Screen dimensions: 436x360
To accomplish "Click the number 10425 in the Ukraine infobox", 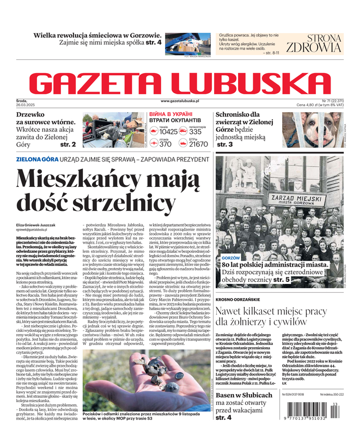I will click(x=168, y=131).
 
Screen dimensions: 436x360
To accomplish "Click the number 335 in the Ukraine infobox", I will click(x=196, y=131).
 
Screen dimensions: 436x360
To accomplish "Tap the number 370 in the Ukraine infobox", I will click(x=166, y=144).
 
